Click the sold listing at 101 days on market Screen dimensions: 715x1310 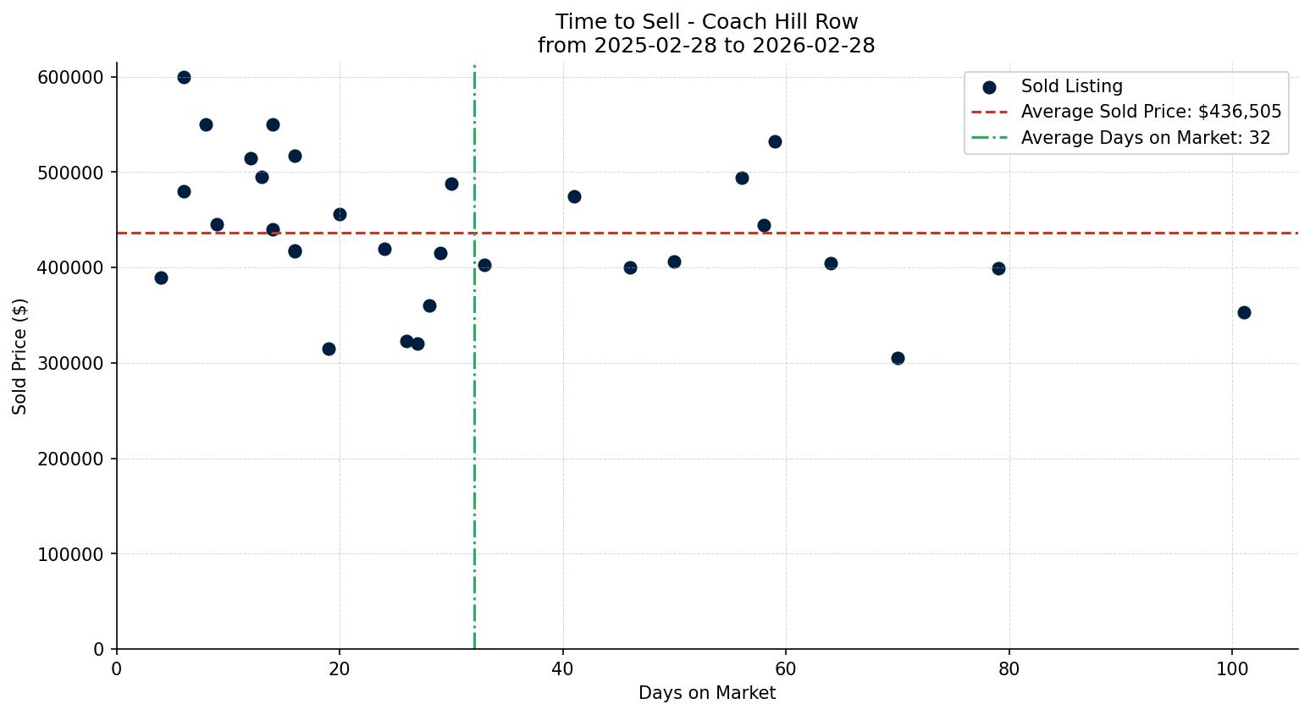point(1244,312)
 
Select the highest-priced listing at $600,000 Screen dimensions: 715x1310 point(184,77)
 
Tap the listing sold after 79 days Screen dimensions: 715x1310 point(998,268)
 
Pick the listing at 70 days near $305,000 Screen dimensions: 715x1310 point(898,358)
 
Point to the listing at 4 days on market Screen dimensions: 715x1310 point(161,278)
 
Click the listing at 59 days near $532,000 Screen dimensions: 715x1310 point(775,141)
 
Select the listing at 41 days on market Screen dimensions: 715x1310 point(574,196)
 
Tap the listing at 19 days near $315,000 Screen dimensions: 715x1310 point(329,349)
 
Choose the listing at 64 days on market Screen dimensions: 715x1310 point(831,263)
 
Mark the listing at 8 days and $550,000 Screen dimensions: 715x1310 point(206,124)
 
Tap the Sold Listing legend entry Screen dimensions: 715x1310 point(1071,86)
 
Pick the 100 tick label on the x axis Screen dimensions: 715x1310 point(1232,668)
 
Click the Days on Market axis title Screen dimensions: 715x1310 point(706,693)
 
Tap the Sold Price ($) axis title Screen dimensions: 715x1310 point(19,355)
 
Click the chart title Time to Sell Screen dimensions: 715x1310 point(706,22)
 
